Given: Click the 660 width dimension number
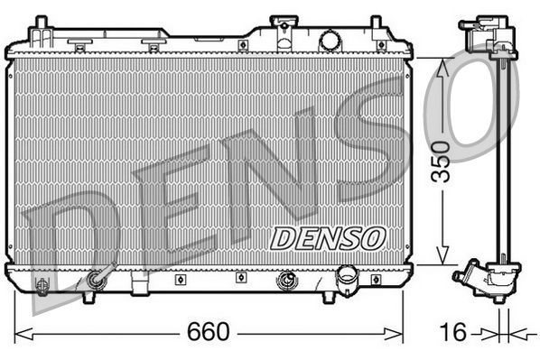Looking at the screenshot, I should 209,333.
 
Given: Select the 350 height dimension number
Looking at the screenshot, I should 441,162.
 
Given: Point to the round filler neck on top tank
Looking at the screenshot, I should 330,41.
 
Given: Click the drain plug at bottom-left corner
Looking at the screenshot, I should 41,287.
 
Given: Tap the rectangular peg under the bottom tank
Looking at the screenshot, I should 138,287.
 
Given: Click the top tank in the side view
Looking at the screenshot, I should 488,36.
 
